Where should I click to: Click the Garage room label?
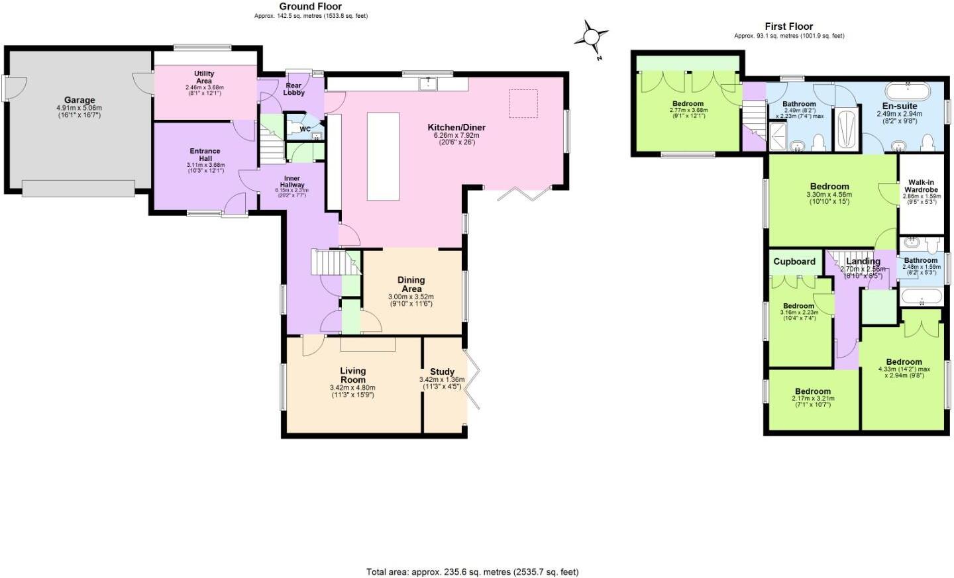pyautogui.click(x=79, y=101)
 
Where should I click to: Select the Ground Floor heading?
pyautogui.click(x=310, y=7)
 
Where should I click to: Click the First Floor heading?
pyautogui.click(x=788, y=26)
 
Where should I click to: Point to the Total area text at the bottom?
pyautogui.click(x=472, y=571)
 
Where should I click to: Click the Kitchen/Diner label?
pyautogui.click(x=456, y=127)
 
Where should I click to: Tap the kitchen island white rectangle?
pyautogui.click(x=383, y=156)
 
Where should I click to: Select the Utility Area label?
pyautogui.click(x=204, y=77)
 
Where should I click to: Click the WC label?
pyautogui.click(x=305, y=129)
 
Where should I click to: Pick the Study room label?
pyautogui.click(x=442, y=371)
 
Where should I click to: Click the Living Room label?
pyautogui.click(x=352, y=375)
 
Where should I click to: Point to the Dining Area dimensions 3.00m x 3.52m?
pyautogui.click(x=411, y=297)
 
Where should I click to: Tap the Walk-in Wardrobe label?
pyautogui.click(x=921, y=186)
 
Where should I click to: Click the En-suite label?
pyautogui.click(x=900, y=106)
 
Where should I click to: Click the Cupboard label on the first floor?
pyautogui.click(x=794, y=262)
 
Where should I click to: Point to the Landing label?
pyautogui.click(x=863, y=262)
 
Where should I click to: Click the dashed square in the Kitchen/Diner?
pyautogui.click(x=523, y=103)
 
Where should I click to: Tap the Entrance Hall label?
pyautogui.click(x=205, y=155)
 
